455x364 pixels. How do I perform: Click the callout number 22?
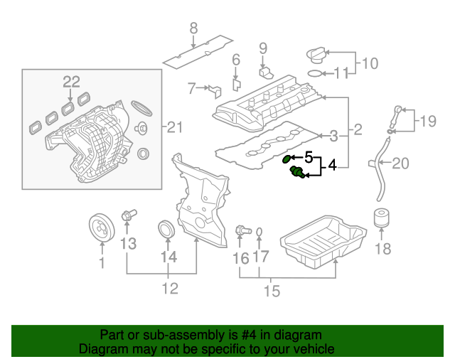click(x=71, y=82)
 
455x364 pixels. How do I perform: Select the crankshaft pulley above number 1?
click(x=102, y=228)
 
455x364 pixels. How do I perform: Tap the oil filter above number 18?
click(x=382, y=218)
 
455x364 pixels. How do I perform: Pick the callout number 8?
click(x=192, y=29)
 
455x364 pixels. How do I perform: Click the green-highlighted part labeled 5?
click(x=287, y=159)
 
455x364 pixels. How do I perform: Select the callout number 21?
click(x=174, y=127)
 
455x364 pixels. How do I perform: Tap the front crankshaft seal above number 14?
click(x=167, y=231)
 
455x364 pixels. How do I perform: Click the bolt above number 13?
click(x=129, y=213)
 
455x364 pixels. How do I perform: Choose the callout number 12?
click(x=168, y=289)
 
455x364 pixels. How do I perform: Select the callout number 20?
click(x=401, y=164)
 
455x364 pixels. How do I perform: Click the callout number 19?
click(x=427, y=122)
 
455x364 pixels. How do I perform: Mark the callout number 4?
click(x=331, y=167)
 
